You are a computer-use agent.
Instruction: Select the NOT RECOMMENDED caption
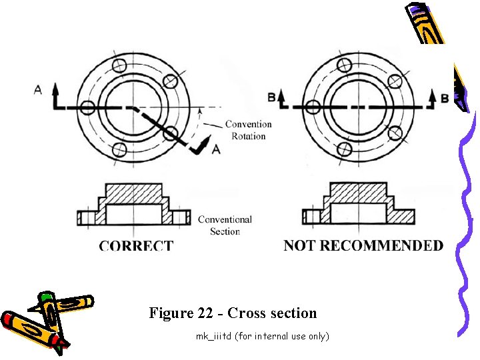pos(363,245)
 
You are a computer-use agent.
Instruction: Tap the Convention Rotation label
pos(248,130)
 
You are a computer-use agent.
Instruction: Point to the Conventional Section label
pos(225,225)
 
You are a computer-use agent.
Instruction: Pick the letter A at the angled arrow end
pos(215,149)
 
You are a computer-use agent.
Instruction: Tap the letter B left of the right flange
pos(271,98)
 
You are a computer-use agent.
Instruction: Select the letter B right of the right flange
pos(444,98)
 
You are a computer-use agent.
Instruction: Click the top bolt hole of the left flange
pos(119,65)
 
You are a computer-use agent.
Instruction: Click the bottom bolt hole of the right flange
pos(345,149)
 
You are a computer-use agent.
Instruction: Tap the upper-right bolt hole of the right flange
pos(395,81)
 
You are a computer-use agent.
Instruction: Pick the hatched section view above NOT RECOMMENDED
pos(358,205)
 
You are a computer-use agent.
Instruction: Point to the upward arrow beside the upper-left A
pos(55,91)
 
